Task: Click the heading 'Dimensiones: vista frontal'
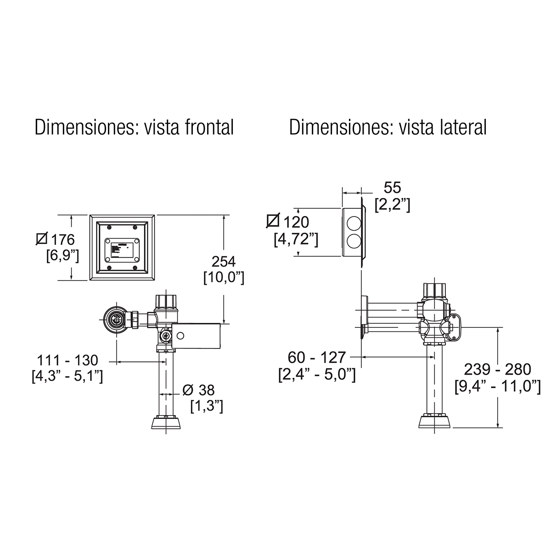click(134, 127)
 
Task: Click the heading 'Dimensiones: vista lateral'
click(388, 127)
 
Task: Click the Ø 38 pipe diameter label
click(198, 390)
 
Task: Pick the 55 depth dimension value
click(392, 188)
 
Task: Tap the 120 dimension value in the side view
click(296, 222)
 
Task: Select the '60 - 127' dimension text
click(317, 357)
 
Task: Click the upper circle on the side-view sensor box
click(354, 224)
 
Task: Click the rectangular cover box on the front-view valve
click(197, 335)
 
